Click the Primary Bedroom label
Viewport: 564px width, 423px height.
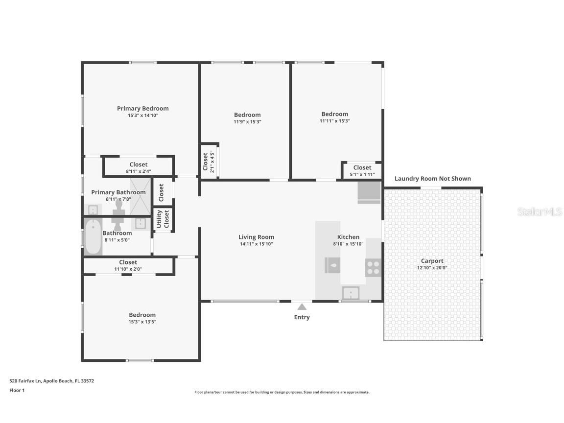click(142, 108)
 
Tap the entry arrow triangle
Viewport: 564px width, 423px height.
click(302, 307)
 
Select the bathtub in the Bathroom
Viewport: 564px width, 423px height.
click(93, 237)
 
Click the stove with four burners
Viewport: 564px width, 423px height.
click(373, 267)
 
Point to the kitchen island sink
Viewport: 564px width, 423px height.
click(333, 266)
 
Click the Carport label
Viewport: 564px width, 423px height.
click(432, 261)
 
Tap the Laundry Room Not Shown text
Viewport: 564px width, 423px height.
click(432, 179)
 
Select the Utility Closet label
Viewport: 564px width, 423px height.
click(163, 220)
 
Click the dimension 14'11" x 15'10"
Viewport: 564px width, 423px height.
click(256, 244)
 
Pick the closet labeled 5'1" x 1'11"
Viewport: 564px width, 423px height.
click(362, 170)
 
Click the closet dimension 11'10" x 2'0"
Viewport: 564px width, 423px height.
click(128, 269)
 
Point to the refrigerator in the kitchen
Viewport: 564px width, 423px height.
click(369, 192)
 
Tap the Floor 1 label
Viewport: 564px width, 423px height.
click(17, 390)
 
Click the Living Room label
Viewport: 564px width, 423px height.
click(256, 237)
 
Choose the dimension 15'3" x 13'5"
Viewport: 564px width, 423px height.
click(142, 322)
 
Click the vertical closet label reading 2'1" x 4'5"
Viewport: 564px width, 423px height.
click(212, 162)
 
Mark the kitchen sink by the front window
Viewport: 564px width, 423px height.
click(351, 293)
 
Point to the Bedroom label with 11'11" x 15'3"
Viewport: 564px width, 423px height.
click(334, 114)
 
